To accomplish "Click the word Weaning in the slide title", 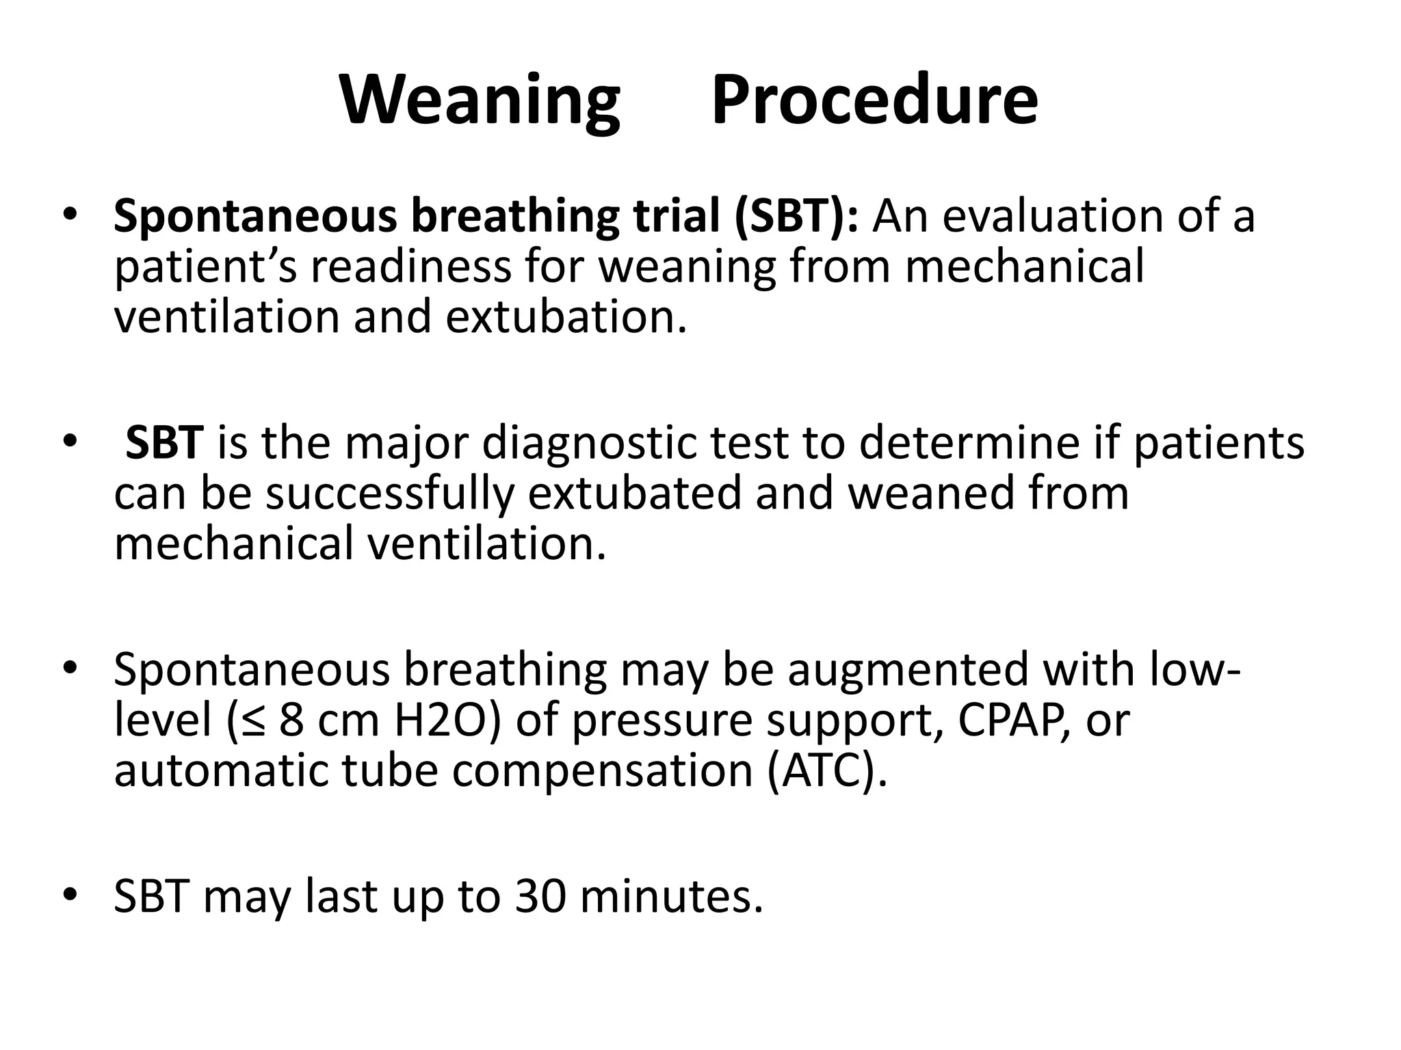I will pyautogui.click(x=480, y=101).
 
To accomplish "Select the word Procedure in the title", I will pyautogui.click(x=874, y=101).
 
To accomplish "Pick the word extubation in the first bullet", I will pyautogui.click(x=566, y=317).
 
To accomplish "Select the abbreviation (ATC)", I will pyautogui.click(x=826, y=770).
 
